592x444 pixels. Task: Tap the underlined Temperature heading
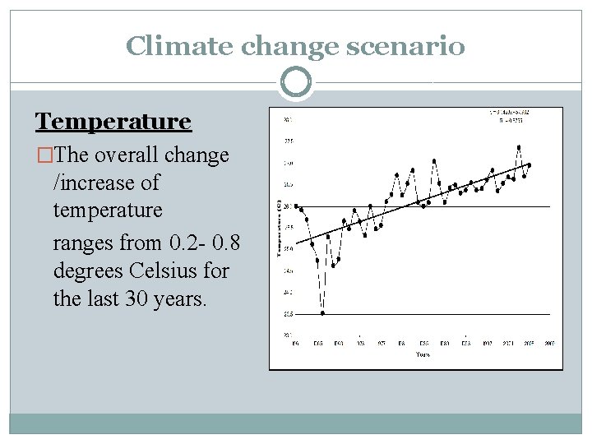point(113,122)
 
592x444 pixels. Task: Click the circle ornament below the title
point(295,82)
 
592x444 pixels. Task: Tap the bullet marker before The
point(42,155)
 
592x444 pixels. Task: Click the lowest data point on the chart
point(323,313)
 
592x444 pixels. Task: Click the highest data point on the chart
point(519,148)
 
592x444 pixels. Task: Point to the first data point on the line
point(296,206)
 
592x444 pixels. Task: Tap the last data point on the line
point(529,165)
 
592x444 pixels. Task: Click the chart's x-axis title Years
point(422,354)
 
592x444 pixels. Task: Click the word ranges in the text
point(83,243)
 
